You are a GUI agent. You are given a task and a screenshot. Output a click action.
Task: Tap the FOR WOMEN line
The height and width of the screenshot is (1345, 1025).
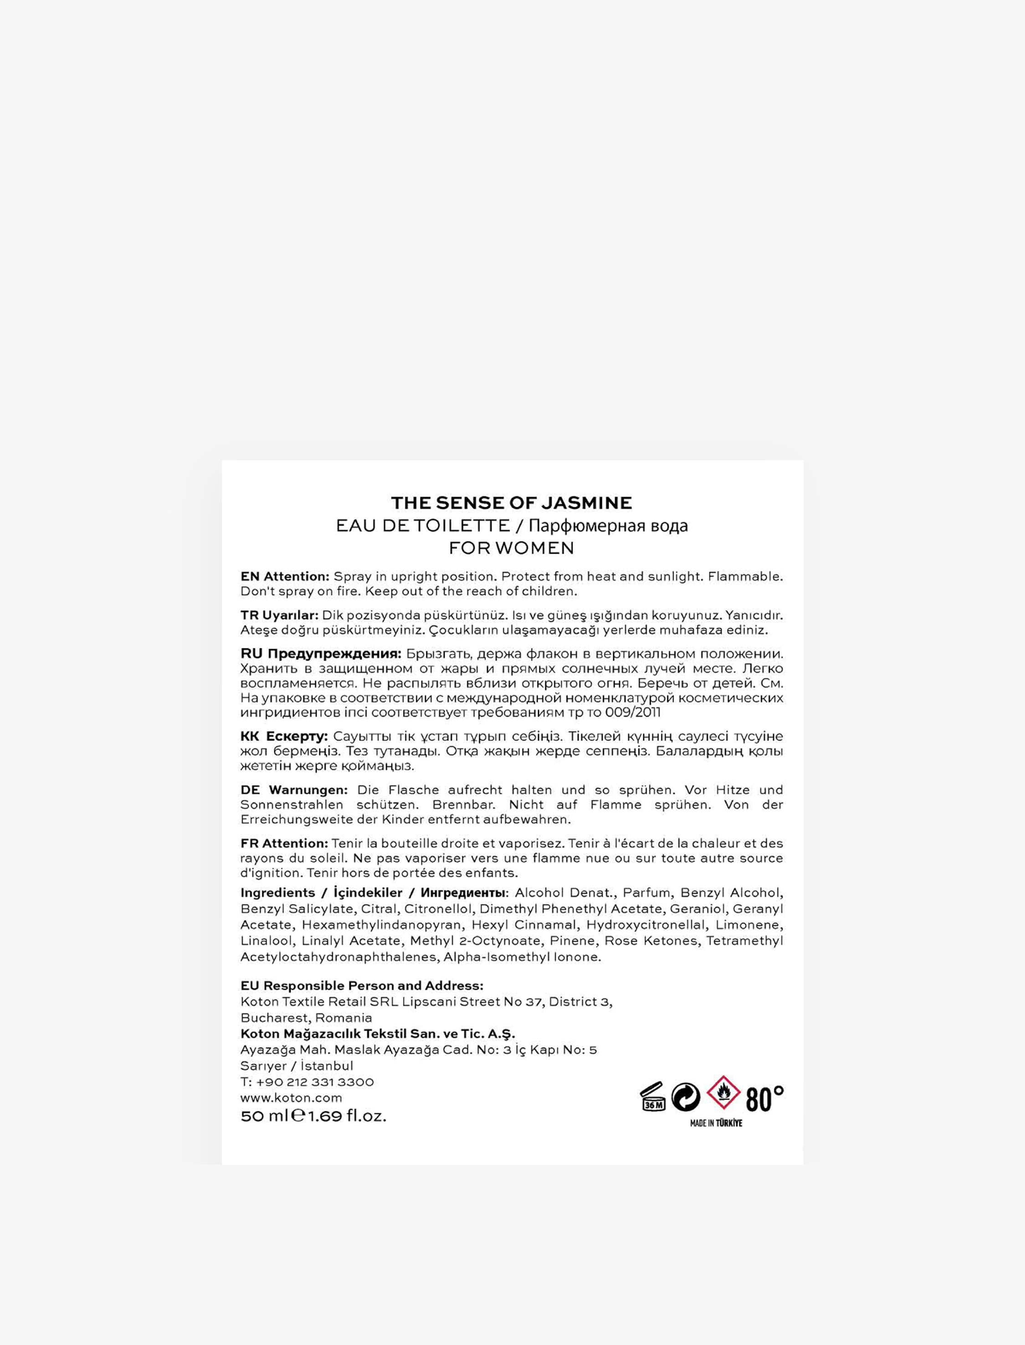coord(511,548)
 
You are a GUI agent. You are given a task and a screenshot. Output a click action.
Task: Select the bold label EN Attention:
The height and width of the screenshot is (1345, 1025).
coord(284,576)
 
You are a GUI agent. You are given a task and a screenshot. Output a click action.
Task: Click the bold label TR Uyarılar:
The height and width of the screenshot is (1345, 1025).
coord(279,615)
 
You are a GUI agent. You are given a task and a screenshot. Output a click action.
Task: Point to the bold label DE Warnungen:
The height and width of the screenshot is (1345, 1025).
coord(293,790)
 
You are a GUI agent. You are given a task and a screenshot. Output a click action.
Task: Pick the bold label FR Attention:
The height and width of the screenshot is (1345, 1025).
coord(284,843)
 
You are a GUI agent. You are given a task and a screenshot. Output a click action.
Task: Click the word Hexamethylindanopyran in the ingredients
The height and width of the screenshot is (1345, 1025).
coord(381,925)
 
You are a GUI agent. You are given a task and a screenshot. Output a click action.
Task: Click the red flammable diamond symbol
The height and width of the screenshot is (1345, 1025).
coord(723,1093)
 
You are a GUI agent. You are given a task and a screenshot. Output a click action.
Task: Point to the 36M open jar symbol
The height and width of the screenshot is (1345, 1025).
coord(652,1097)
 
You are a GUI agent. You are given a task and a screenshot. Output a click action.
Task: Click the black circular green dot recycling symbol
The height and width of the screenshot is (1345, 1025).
coord(686,1097)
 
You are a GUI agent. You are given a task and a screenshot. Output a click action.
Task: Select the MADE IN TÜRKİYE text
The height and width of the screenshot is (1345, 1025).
coord(716,1123)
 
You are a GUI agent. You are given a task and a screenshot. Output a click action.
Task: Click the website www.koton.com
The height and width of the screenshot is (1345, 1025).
coord(291,1097)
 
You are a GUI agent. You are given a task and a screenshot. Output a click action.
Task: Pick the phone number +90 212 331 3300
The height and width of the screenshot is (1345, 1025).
coord(315,1082)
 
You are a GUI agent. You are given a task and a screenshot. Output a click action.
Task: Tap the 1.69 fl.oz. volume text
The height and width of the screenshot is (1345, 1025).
coord(347,1116)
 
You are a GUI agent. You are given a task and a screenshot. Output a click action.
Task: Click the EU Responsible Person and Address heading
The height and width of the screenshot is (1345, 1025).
coord(362,985)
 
